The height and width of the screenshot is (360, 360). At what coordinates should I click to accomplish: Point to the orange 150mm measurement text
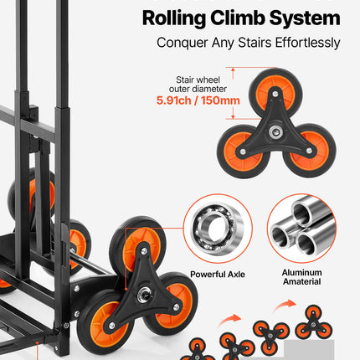tap(220, 100)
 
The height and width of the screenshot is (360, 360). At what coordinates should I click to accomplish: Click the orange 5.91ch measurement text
tap(174, 100)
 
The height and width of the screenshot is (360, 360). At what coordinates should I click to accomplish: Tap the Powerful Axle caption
tap(218, 275)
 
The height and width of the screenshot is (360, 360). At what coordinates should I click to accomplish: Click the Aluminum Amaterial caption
tap(301, 277)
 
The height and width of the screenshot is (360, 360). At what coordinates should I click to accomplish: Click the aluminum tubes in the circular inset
tap(302, 229)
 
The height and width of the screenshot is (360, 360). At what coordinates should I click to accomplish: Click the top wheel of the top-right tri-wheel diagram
tap(276, 93)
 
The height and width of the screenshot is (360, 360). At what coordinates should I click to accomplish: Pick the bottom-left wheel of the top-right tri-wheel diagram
tap(244, 152)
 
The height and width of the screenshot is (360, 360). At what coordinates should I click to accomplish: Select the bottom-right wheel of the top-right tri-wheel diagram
tap(310, 151)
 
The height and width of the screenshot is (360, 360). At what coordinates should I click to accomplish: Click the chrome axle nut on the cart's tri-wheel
tap(144, 294)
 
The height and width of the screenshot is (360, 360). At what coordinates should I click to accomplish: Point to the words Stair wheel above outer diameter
tap(198, 80)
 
